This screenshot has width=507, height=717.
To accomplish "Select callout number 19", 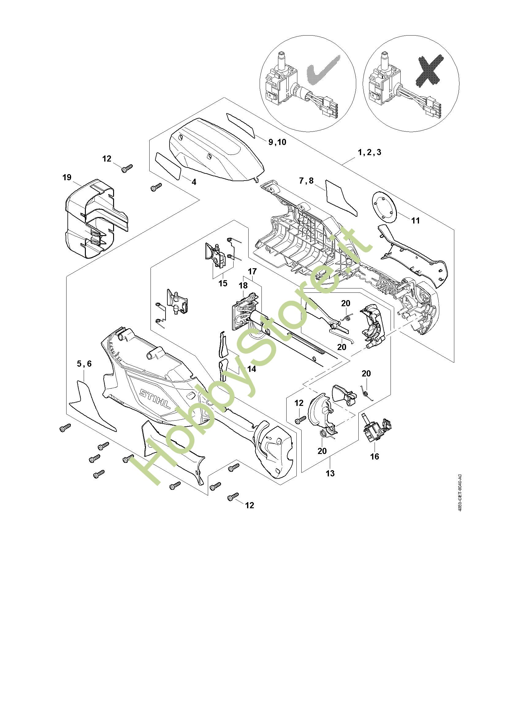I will click(x=67, y=177).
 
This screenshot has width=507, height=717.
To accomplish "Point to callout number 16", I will click(x=374, y=456).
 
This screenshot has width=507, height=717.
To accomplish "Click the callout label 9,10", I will click(x=277, y=142).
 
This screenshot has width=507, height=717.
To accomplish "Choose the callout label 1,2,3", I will click(x=369, y=152).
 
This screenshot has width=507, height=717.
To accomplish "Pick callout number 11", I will click(x=415, y=220).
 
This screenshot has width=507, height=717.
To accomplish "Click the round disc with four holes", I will click(x=384, y=207).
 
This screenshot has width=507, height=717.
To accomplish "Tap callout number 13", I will click(x=330, y=473).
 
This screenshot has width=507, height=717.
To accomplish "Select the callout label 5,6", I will click(x=84, y=364).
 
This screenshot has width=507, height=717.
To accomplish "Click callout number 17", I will click(x=252, y=271).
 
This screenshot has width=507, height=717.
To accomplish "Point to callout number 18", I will click(x=243, y=285).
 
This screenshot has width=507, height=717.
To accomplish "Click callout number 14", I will click(x=251, y=369).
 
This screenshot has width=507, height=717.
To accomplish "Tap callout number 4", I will click(x=194, y=182).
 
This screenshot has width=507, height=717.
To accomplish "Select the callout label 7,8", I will click(x=306, y=181).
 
